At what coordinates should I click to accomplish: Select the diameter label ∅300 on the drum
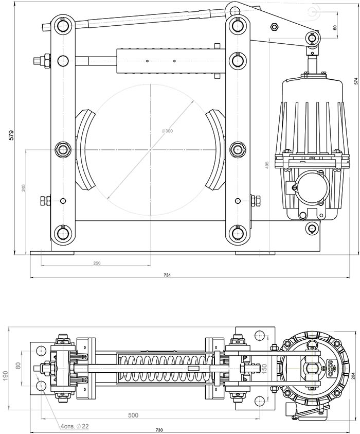coord(167,131)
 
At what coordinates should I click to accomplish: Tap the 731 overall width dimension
coord(167,275)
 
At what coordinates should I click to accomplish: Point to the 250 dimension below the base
coord(97,263)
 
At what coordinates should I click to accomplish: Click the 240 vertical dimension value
coord(23,188)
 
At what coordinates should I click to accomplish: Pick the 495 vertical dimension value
coord(267,165)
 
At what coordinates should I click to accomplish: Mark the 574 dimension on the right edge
coord(355,81)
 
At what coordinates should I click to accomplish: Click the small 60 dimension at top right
coord(335,28)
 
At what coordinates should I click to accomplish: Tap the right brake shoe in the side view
coord(217,149)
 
